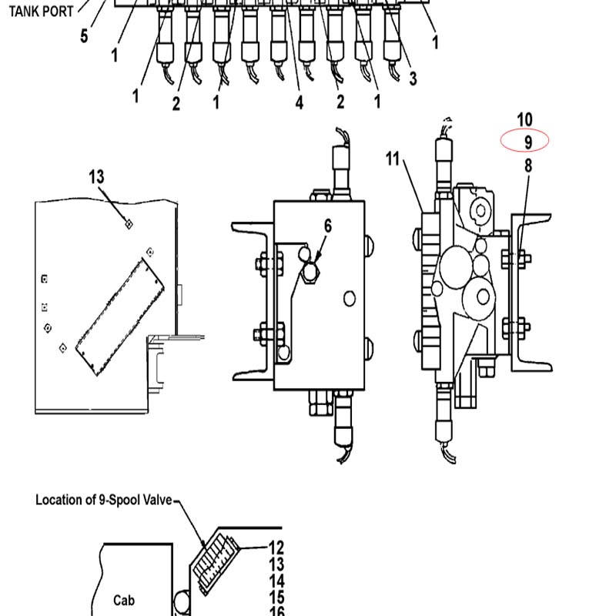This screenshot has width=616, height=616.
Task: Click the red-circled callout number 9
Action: click(528, 142)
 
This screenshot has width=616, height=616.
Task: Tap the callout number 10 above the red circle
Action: click(525, 120)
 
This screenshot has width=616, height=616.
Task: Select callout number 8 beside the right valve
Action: click(528, 166)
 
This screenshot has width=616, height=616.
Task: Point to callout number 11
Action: click(393, 159)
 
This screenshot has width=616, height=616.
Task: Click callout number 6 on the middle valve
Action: click(328, 226)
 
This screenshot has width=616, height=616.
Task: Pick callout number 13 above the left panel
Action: click(97, 177)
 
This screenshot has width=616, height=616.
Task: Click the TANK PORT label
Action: click(42, 12)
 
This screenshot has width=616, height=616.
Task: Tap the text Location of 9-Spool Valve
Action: click(104, 500)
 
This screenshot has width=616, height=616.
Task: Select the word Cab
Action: click(124, 601)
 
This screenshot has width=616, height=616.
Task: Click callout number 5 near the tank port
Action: click(84, 35)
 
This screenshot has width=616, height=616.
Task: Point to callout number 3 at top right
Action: click(413, 79)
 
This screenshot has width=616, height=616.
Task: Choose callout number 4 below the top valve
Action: click(300, 102)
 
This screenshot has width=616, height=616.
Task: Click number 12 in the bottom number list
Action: click(276, 547)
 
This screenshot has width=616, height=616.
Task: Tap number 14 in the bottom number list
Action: click(276, 581)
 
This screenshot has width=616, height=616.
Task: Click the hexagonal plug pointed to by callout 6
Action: click(310, 272)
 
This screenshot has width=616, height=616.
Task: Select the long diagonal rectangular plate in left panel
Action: click(120, 316)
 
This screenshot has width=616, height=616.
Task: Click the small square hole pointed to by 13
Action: click(129, 224)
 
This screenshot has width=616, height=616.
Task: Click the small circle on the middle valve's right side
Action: click(350, 299)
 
